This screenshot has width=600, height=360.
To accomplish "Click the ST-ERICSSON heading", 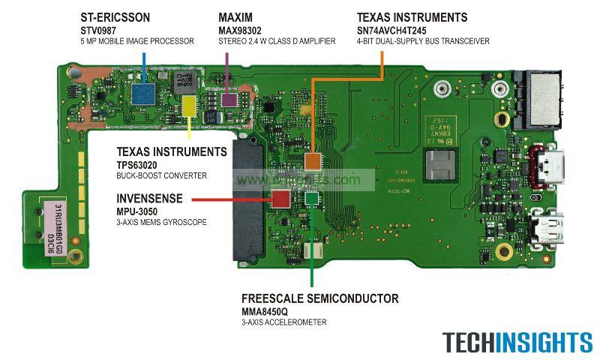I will (x=116, y=17).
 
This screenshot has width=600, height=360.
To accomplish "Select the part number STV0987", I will (x=100, y=30).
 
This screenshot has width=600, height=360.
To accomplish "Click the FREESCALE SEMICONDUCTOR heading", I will (x=319, y=298).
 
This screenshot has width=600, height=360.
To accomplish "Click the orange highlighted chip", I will (x=313, y=160).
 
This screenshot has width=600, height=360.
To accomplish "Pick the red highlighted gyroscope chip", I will (x=280, y=199).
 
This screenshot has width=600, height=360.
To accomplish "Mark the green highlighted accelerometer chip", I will (x=310, y=197).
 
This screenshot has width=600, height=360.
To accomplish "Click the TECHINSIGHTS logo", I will (x=517, y=342).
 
